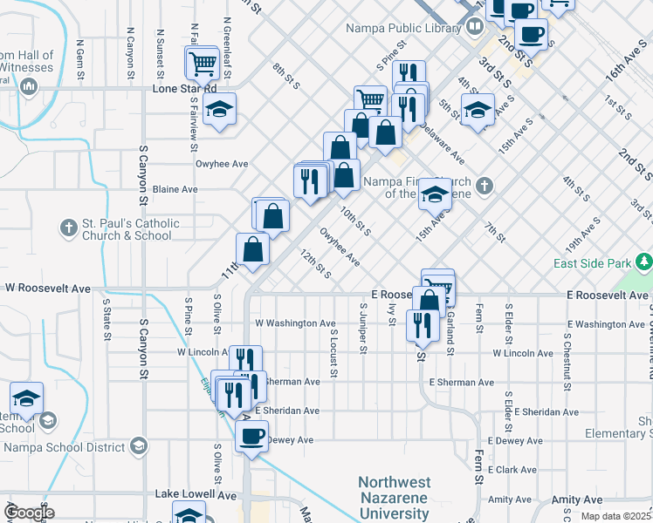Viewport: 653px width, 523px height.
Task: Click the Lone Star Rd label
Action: [x=184, y=89]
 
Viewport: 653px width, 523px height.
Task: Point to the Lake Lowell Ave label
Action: [x=196, y=494]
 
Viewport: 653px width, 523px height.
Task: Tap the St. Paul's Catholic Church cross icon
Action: [x=68, y=229]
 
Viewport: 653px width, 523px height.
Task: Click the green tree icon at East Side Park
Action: [x=644, y=261]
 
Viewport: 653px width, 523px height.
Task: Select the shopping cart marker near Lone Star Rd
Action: [x=202, y=63]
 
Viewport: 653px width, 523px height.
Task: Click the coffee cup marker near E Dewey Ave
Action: [x=251, y=435]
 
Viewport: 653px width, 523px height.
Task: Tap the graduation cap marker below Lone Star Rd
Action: [x=219, y=109]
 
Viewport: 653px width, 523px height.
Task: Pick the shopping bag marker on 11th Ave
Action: [x=252, y=250]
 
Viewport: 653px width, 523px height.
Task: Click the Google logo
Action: [x=28, y=512]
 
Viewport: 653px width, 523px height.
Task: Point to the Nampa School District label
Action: [x=64, y=447]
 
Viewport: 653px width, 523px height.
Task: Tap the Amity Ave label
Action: [x=510, y=499]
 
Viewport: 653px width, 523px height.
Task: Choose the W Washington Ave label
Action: [x=295, y=323]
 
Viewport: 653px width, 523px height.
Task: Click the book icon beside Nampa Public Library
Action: [x=473, y=26]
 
